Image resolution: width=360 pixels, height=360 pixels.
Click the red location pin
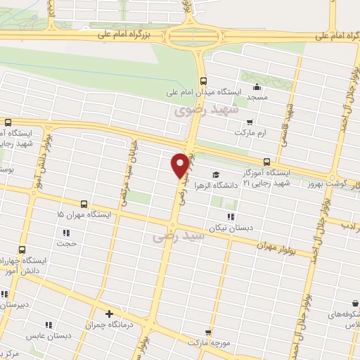tap(181, 165)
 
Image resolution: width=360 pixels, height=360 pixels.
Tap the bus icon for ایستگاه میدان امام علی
tap(203, 81)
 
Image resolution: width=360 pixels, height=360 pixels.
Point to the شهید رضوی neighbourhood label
tap(207, 110)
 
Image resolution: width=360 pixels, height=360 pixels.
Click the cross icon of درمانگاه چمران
tap(109, 314)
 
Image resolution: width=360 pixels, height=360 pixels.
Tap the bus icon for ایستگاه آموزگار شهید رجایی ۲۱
tap(265, 160)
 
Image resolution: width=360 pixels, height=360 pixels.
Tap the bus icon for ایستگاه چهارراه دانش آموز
tap(22, 250)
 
